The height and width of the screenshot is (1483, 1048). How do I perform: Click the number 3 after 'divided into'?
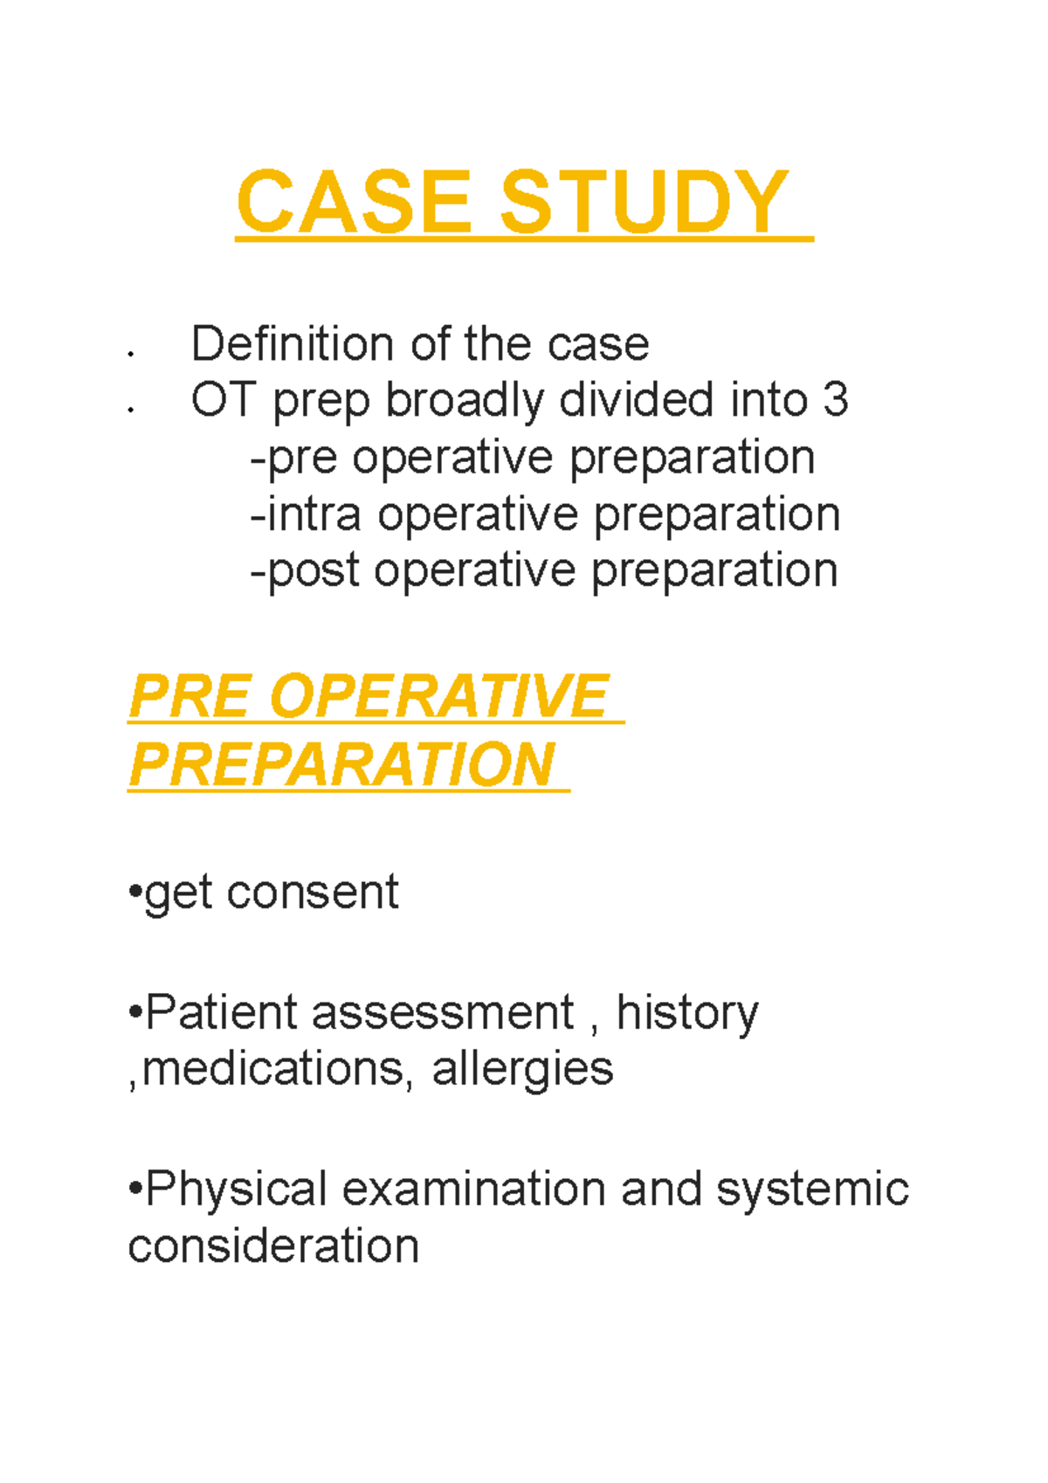[x=835, y=400]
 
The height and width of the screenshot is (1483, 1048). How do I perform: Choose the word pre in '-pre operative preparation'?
[x=301, y=459]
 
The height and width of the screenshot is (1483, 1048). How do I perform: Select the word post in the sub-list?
[x=313, y=572]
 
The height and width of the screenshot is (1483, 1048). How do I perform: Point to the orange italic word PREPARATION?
[x=341, y=765]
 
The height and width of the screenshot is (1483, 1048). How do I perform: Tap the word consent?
[x=312, y=893]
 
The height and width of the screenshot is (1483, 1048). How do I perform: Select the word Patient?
[x=222, y=1013]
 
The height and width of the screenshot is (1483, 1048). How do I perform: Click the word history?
[x=687, y=1013]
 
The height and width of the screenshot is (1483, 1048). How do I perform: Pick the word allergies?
[x=522, y=1069]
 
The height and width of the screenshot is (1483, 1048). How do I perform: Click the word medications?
[x=273, y=1069]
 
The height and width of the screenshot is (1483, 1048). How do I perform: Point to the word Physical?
[x=236, y=1190]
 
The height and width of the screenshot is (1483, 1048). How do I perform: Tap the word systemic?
[x=812, y=1190]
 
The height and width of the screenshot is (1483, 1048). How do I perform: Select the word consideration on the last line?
[x=273, y=1245]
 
